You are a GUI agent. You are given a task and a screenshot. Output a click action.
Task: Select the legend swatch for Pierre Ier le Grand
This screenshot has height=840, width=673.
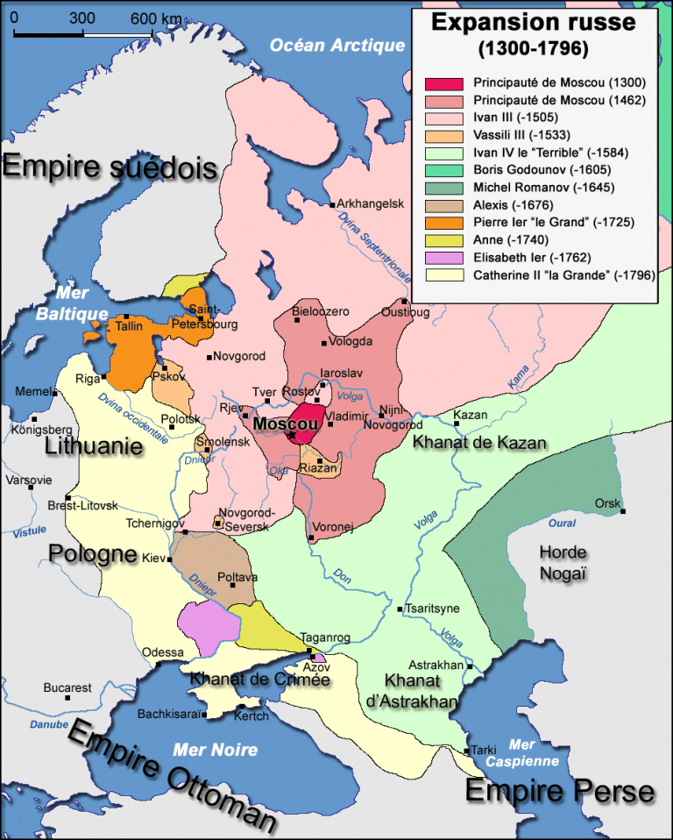[x=443, y=223]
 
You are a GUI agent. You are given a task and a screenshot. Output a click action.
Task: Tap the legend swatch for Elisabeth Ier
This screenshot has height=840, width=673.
[x=443, y=258]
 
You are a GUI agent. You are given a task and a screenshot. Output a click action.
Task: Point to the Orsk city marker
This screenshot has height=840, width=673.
[x=623, y=511]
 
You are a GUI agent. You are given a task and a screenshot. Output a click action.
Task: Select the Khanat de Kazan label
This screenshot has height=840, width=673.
[x=479, y=443]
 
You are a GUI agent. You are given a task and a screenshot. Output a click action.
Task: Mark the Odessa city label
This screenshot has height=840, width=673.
[x=164, y=652]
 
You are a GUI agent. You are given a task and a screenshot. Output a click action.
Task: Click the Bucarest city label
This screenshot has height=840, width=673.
[x=67, y=688]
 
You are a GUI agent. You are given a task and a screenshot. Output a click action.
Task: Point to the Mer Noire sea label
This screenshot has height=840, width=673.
[x=215, y=750]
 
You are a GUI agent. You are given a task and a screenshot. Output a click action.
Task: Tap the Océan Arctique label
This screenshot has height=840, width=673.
[x=337, y=46]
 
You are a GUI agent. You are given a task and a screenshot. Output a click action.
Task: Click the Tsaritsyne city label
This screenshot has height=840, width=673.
[x=433, y=609]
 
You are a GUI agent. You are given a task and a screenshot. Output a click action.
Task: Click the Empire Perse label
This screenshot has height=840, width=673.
[x=558, y=792]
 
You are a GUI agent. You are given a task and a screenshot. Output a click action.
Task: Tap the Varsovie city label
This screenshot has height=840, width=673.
[x=29, y=480]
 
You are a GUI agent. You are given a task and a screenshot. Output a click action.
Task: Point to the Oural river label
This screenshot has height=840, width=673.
[x=561, y=523]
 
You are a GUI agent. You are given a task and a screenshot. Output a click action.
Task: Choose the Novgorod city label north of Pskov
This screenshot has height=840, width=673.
[x=237, y=356]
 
